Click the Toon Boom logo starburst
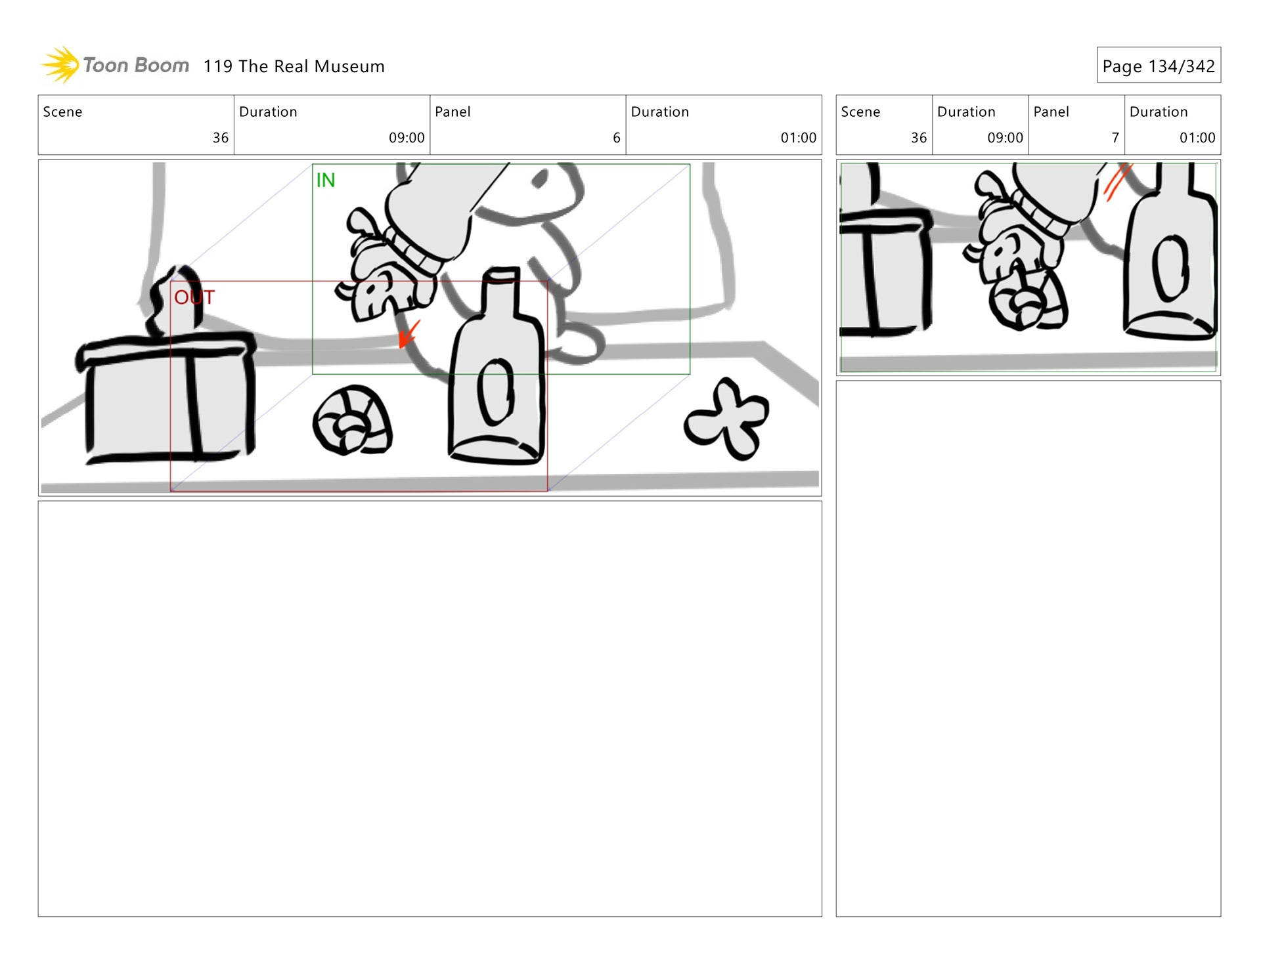pos(60,65)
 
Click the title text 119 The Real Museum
pos(294,66)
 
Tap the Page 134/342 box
pos(1159,65)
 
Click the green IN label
pos(326,180)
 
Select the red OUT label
pos(194,297)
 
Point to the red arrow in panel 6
pos(409,334)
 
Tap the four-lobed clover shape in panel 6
pos(727,418)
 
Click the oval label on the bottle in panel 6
pos(496,392)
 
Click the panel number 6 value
pos(616,138)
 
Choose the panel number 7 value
pos(1115,138)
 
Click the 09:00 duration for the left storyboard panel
pos(407,138)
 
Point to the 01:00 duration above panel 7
pos(1197,138)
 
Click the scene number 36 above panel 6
pos(221,138)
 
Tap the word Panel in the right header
pos(1051,112)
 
